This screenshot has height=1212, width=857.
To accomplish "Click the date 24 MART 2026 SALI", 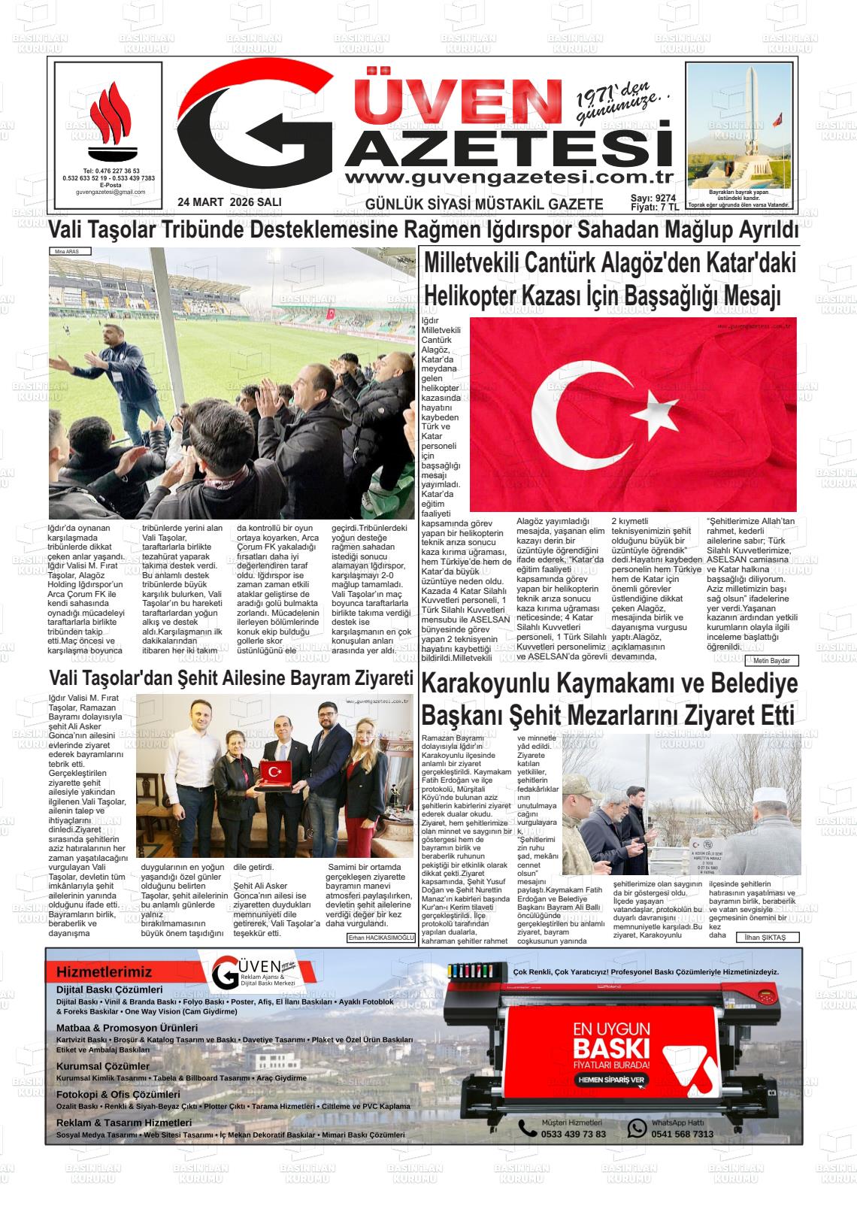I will pos(229,203).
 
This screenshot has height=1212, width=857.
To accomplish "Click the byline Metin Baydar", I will pos(772,661).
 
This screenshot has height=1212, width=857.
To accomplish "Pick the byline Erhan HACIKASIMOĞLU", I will pos(380,938).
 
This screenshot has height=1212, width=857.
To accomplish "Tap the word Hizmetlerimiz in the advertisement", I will pos(104,972).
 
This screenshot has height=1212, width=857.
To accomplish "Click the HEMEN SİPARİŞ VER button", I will pos(611,1080).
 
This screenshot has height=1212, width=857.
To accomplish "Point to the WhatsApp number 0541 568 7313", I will pos(682,1134).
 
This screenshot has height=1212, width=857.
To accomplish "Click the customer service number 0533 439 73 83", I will pos(573,1134).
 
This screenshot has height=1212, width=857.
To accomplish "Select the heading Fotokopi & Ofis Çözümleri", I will pos(118,1095).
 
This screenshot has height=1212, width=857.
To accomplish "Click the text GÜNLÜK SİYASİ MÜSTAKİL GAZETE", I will pos(483,204).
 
